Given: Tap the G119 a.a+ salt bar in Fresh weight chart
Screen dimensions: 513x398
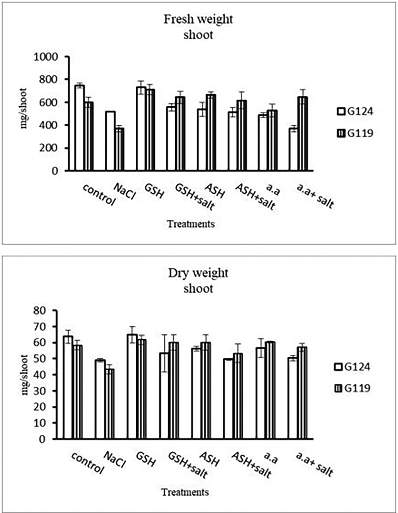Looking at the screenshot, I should [x=303, y=134].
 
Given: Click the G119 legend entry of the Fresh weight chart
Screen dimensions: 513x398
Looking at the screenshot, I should [x=354, y=134].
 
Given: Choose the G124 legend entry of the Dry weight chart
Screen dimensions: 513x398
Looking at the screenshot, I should [x=352, y=367].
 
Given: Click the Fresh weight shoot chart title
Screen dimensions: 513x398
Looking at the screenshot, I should [x=198, y=27].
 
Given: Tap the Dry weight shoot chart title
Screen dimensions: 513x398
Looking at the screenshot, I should [x=198, y=281].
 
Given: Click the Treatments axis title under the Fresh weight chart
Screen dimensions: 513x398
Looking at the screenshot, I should [x=191, y=224].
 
